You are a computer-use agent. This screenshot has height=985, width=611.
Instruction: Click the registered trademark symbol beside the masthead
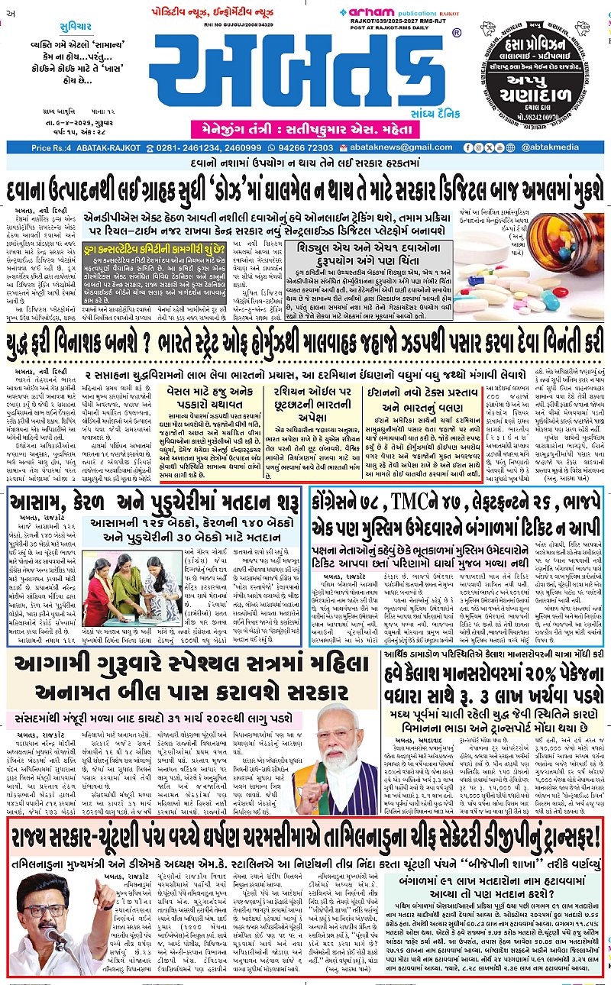[456, 34]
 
